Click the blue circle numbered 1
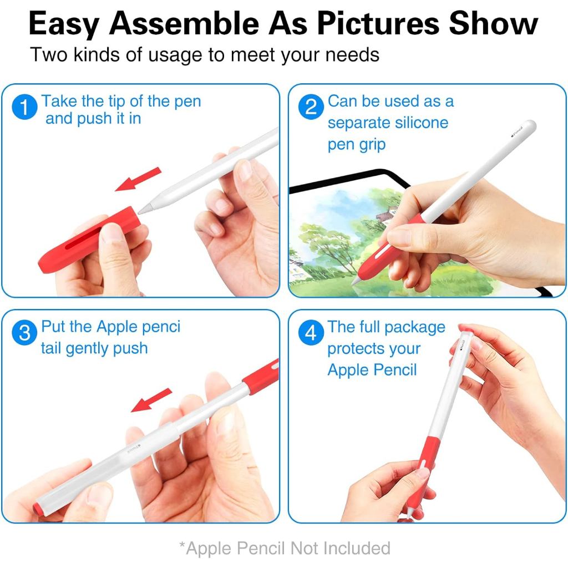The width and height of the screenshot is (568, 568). [24, 107]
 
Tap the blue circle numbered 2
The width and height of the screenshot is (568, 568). [311, 107]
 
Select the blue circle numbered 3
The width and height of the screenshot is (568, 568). [24, 333]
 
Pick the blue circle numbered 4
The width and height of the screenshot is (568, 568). [311, 333]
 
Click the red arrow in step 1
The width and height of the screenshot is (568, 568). [138, 179]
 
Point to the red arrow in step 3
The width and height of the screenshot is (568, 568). [151, 400]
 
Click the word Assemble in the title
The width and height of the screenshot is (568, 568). [184, 23]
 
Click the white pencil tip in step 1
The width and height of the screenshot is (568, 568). [145, 209]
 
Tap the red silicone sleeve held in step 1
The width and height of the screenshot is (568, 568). [89, 241]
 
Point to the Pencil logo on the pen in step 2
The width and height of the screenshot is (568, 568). [517, 132]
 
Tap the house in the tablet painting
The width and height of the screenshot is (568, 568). [387, 215]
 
